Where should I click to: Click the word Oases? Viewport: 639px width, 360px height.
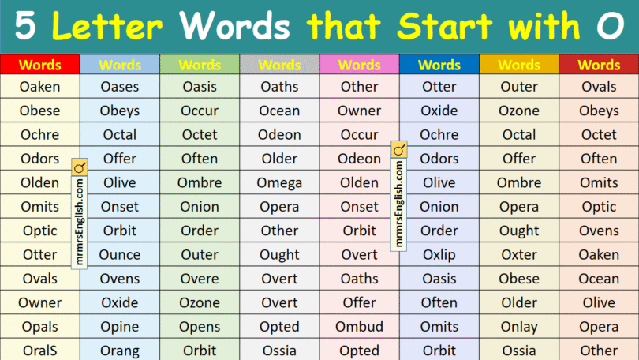(119, 87)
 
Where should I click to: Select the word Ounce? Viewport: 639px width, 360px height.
(120, 255)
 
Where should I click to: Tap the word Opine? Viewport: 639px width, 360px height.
(120, 327)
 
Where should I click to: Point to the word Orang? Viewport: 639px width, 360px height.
(120, 351)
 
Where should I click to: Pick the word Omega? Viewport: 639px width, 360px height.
(279, 183)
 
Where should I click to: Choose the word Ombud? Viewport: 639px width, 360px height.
(359, 327)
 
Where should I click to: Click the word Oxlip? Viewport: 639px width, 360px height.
(439, 255)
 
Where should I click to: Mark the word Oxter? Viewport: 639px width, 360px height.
(519, 255)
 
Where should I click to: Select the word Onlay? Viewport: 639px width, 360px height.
(519, 327)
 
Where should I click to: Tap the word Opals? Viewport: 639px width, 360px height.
(39, 327)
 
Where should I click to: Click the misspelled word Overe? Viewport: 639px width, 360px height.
(200, 279)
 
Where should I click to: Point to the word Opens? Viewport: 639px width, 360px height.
(200, 327)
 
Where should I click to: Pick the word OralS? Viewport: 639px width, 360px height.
(39, 351)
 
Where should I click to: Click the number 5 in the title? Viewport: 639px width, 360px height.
(26, 27)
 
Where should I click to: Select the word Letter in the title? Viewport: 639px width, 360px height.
(110, 27)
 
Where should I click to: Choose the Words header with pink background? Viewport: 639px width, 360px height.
(359, 65)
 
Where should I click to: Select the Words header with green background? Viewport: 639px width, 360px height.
(200, 65)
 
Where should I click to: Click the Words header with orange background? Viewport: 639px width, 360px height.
(519, 65)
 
